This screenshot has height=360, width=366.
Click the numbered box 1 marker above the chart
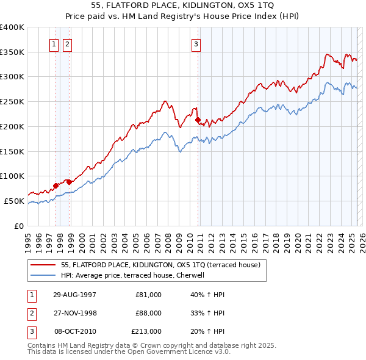(x=54, y=43)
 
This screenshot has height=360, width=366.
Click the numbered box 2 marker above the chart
(x=66, y=43)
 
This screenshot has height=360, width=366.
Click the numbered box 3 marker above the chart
(x=196, y=43)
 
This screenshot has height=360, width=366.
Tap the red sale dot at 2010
(x=198, y=120)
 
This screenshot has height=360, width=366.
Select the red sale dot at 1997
(x=56, y=185)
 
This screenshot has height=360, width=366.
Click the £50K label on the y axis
(x=15, y=201)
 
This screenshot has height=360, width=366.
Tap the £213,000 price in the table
(x=146, y=331)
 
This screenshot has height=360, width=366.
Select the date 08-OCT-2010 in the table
(x=75, y=331)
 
